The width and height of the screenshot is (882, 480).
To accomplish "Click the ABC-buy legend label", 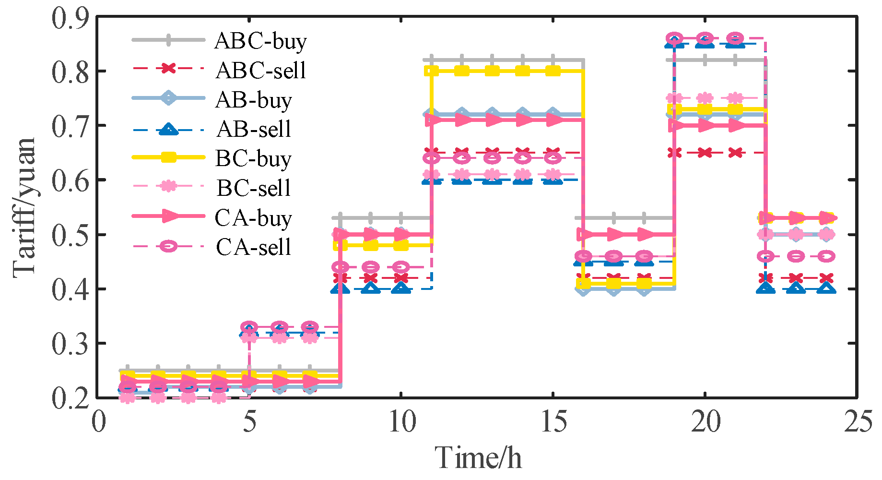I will coord(260,41).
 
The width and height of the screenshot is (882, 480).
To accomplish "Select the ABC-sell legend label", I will coord(260,71).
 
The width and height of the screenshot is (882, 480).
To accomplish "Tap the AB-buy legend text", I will coord(253,100).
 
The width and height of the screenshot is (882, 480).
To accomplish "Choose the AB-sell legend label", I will coord(254,129).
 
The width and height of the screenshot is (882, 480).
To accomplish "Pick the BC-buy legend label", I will coord(253,159).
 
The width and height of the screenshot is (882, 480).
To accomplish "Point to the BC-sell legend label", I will coord(254,188).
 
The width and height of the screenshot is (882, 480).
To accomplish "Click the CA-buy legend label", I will coord(253,218).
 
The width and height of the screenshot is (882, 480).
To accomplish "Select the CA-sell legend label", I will coord(254,247).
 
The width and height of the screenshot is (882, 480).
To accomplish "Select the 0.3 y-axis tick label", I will coord(71,344).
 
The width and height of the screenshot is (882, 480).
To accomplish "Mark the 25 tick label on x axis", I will coord(857,422).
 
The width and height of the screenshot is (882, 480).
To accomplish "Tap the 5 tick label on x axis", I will coord(249,422).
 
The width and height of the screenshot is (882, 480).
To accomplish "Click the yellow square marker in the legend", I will coord(168,157).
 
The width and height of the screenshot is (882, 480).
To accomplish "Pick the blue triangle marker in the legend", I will coord(168,129).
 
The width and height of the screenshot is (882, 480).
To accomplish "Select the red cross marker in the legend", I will coord(168,69).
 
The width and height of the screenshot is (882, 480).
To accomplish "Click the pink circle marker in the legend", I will coord(168,246).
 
